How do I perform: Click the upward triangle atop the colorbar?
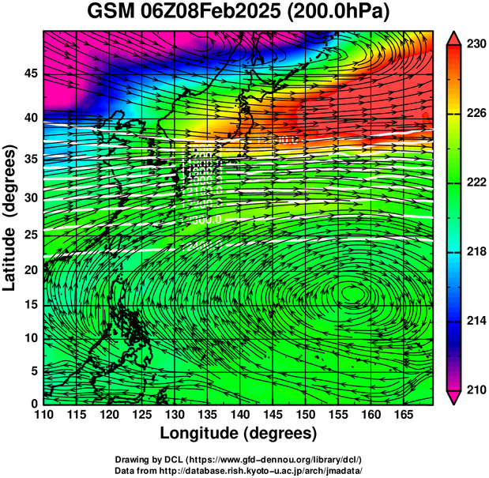(x=453, y=38)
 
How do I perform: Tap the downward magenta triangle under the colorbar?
(x=453, y=397)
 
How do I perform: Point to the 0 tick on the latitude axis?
(x=32, y=403)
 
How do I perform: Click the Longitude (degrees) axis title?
(x=239, y=433)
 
